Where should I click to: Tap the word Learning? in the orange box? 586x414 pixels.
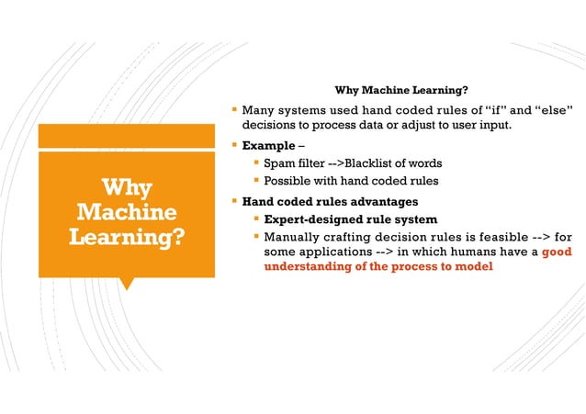(126, 240)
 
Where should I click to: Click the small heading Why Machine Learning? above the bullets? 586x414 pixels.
(402, 90)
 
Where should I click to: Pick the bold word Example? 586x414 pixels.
(267, 145)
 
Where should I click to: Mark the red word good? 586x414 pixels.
(558, 251)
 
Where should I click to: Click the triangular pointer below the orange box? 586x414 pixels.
(126, 283)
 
